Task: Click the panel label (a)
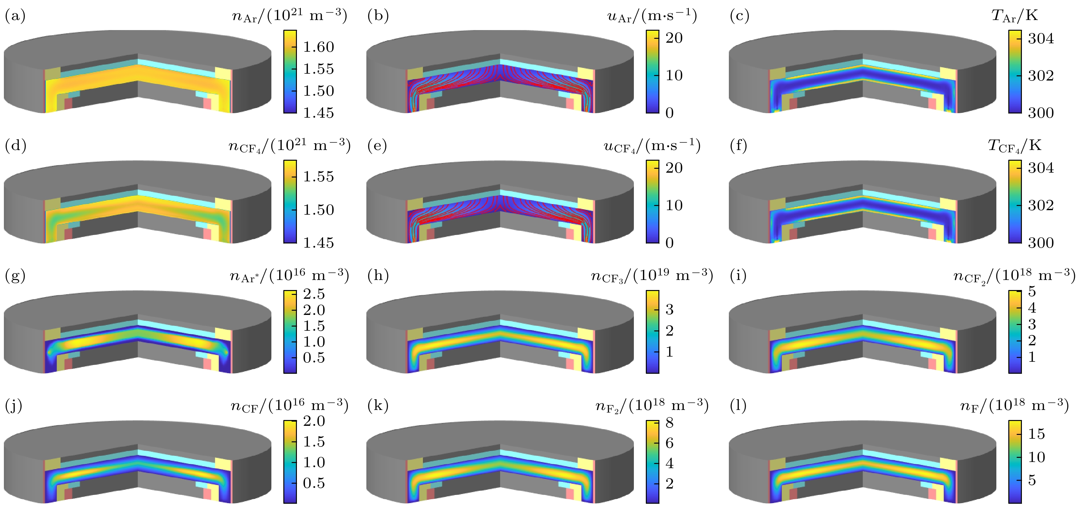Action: [15, 16]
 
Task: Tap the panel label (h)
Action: [378, 275]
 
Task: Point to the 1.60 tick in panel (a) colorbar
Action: [319, 47]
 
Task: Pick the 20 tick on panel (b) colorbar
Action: [674, 38]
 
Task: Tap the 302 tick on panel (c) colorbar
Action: [1041, 76]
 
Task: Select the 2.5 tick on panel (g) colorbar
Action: [314, 294]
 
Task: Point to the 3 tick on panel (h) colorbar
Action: [669, 310]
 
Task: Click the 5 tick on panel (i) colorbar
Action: [1032, 291]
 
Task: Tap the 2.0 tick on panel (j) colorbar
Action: [314, 421]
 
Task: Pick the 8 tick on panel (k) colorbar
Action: [669, 423]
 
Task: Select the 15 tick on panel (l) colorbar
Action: [1036, 434]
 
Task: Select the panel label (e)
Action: [378, 146]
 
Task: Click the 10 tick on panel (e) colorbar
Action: [674, 205]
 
